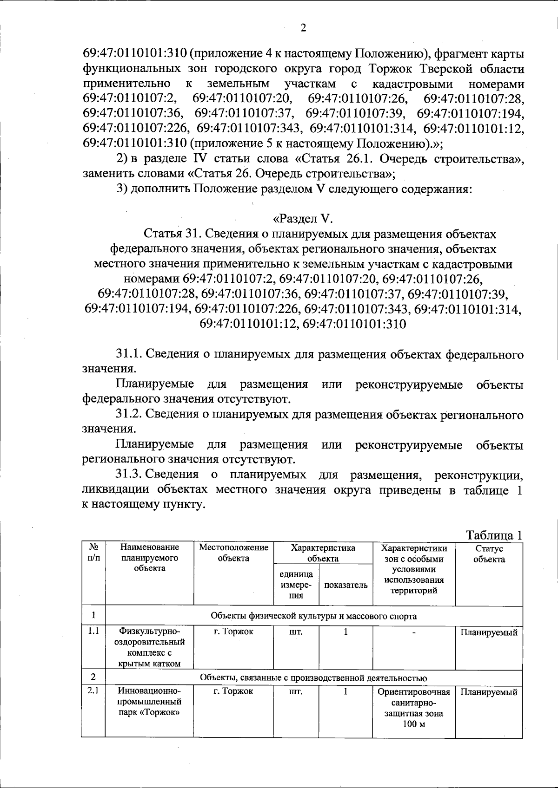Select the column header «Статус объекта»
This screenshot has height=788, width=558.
click(489, 554)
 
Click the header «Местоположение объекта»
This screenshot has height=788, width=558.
click(233, 553)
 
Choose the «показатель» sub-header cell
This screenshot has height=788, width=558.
click(345, 585)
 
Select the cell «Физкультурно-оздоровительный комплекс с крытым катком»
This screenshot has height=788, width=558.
click(149, 647)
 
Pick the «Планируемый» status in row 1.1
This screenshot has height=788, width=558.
click(489, 632)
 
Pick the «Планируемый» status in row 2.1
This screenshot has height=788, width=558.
click(489, 692)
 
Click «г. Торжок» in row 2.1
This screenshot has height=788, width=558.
click(233, 691)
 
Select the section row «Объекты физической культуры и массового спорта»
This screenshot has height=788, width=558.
click(313, 616)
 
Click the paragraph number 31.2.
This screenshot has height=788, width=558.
click(130, 415)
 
